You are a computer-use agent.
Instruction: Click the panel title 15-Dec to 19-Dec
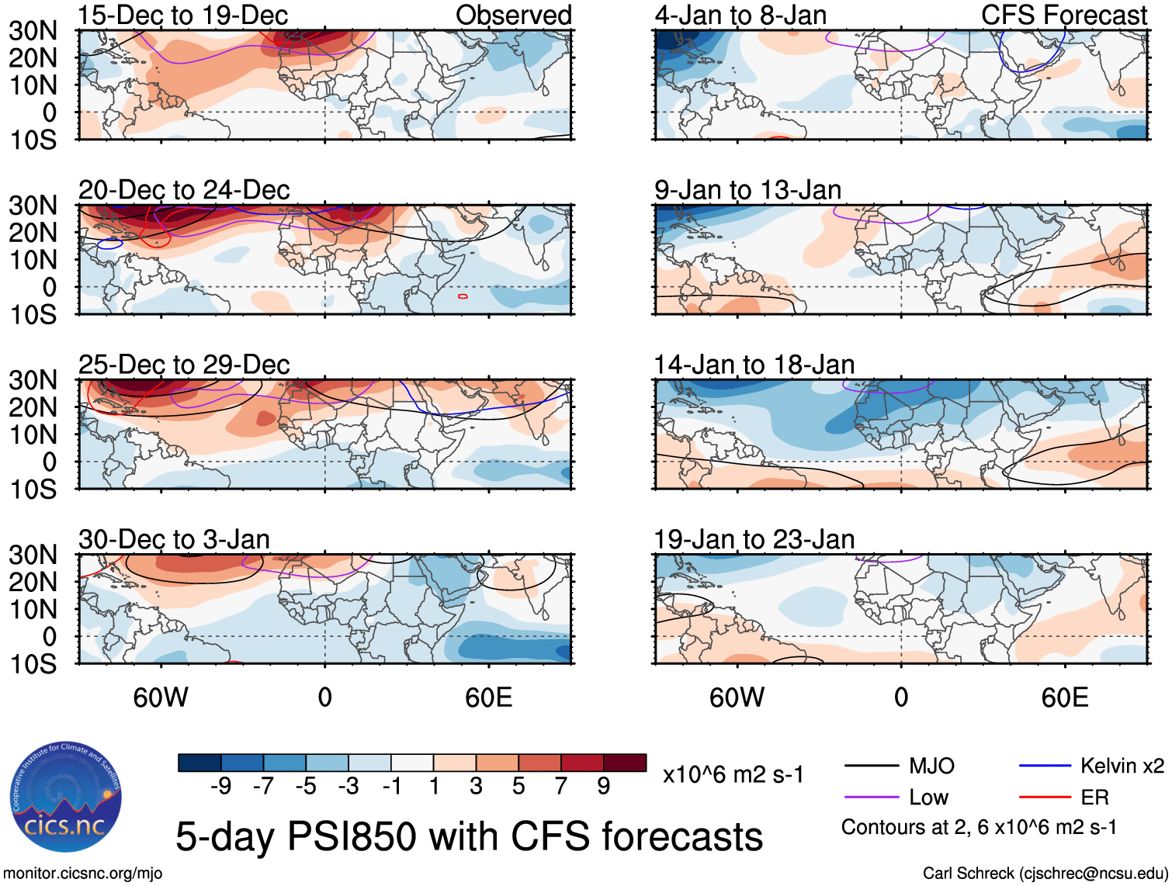183,15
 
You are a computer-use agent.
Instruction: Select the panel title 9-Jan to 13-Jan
747,190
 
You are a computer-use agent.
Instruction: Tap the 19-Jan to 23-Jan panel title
754,539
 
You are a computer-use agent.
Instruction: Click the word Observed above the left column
513,15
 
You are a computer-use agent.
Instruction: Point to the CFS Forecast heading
1063,15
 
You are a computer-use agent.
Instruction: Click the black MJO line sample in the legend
871,767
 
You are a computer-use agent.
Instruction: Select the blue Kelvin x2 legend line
1045,767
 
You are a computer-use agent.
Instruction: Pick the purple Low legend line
871,797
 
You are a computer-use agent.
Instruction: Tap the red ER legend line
1045,797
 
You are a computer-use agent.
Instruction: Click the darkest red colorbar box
625,763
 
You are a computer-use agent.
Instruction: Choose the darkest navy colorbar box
199,763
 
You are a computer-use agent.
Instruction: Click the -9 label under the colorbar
220,787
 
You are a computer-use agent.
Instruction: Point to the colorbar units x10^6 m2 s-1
733,774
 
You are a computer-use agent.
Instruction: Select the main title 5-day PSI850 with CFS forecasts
469,836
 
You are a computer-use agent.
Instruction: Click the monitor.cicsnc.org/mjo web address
83,874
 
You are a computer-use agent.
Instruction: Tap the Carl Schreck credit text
1045,874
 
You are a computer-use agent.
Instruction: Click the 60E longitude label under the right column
1064,697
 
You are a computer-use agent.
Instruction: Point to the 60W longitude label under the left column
161,697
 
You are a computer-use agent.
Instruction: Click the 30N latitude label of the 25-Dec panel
33,380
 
